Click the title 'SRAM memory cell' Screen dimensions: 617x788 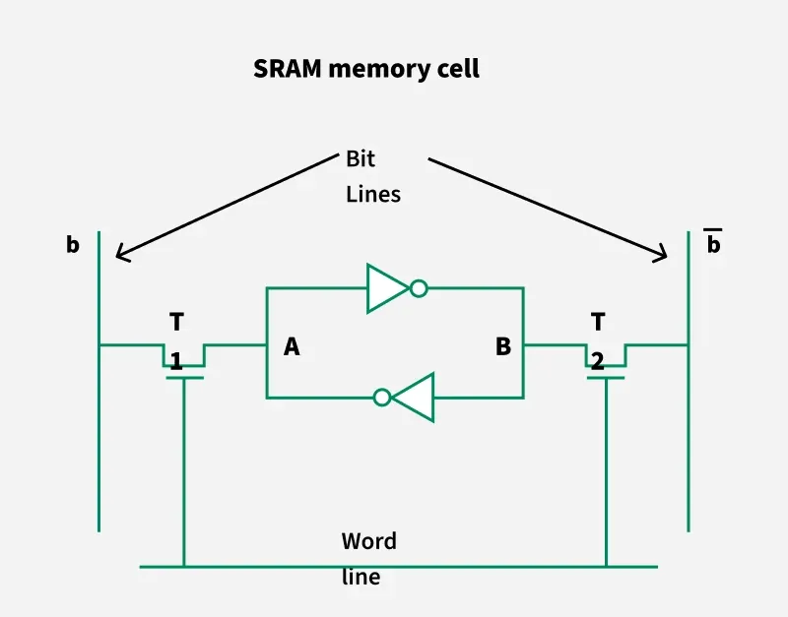coord(366,69)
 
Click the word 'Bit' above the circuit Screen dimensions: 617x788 coord(361,158)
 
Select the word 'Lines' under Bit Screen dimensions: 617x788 coord(373,194)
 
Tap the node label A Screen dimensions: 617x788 coord(292,346)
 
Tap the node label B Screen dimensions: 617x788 coord(503,346)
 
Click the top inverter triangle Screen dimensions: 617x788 coord(386,288)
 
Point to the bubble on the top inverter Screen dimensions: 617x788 coord(419,288)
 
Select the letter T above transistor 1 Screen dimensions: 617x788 coord(176,322)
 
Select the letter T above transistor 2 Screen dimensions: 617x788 coord(598,322)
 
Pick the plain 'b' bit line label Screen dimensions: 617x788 coord(73,245)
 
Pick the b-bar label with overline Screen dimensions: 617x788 coord(713,243)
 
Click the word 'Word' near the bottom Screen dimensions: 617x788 coord(369,541)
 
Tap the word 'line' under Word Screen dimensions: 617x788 coord(361,578)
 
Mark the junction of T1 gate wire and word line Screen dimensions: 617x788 coord(183,567)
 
